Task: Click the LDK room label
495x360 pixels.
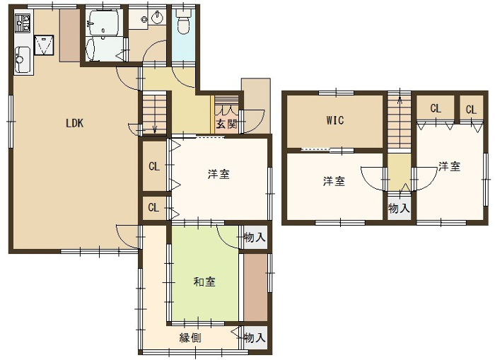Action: point(74,123)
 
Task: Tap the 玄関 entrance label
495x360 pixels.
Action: point(226,124)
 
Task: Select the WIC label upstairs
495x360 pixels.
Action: point(335,120)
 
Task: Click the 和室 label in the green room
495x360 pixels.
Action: point(204,281)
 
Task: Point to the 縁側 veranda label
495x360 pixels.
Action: point(190,338)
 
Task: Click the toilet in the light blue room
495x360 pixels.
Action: point(182,22)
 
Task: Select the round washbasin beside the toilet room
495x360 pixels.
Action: point(157,18)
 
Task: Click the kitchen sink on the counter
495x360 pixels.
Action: point(23,59)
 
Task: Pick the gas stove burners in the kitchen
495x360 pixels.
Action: point(23,23)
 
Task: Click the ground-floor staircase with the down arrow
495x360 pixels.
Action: point(154,112)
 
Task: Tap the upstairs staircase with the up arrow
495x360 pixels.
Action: point(400,121)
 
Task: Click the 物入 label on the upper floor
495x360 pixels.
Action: point(399,208)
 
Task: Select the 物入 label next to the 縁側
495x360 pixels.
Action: point(255,337)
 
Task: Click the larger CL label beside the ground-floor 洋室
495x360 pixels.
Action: point(154,166)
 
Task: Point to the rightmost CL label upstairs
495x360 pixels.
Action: point(471,110)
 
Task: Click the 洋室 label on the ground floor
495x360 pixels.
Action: point(219,174)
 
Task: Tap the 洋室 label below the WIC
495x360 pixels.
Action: point(334,181)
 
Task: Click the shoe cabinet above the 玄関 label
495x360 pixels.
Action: point(226,106)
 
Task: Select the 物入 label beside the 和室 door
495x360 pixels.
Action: point(255,237)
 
